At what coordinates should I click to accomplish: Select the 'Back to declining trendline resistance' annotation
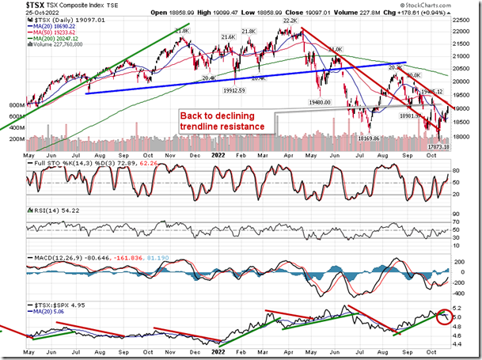click(223, 121)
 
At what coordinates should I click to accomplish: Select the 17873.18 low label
click(436, 146)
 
